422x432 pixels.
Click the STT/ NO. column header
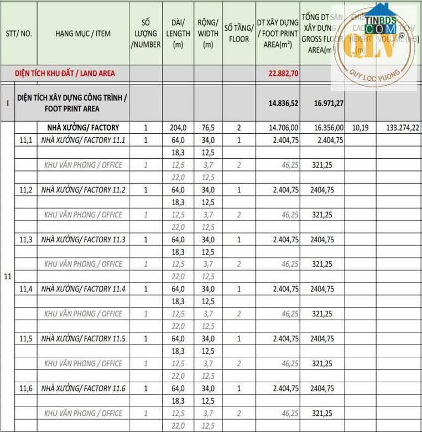click(x=19, y=33)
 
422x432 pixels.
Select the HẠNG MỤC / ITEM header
click(x=83, y=33)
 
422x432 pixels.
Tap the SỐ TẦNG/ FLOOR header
click(x=239, y=33)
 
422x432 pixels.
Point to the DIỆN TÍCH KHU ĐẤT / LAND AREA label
click(x=65, y=73)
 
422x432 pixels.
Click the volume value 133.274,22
click(x=398, y=128)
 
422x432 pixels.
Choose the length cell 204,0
click(x=178, y=128)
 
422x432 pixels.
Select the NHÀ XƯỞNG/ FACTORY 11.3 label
click(x=84, y=240)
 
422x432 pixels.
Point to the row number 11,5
click(x=26, y=339)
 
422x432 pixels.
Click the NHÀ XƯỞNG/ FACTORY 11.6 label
click(x=84, y=388)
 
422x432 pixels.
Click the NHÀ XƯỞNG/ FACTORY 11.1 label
click(x=84, y=140)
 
